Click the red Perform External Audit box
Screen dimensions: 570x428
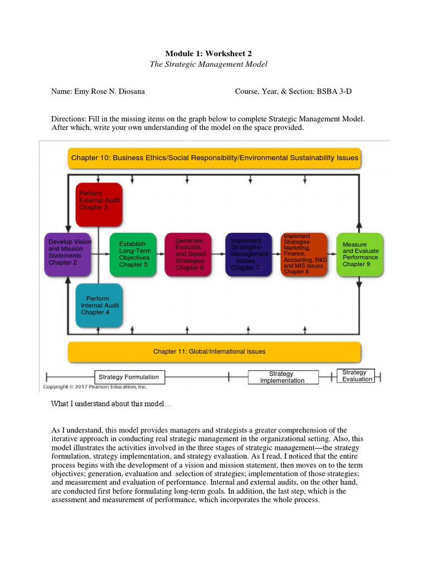click(99, 204)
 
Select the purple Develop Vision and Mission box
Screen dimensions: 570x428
click(67, 254)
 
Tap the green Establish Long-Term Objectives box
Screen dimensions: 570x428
click(133, 254)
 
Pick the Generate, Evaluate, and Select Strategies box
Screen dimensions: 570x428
click(188, 254)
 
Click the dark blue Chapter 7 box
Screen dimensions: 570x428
click(249, 254)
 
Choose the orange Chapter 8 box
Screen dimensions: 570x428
click(304, 254)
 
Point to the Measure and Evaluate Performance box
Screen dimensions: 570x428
click(360, 254)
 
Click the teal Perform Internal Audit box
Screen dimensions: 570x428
click(99, 305)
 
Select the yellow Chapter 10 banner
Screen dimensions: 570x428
click(215, 158)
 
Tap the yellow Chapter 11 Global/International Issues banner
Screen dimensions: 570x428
click(215, 352)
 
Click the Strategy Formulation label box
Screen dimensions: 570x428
click(129, 377)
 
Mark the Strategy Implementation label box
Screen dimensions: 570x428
click(283, 377)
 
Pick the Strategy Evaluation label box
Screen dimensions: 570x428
click(357, 376)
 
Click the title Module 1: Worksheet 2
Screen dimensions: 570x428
click(208, 53)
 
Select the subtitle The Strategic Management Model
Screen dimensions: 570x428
click(208, 65)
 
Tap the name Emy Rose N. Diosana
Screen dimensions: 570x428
click(109, 91)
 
